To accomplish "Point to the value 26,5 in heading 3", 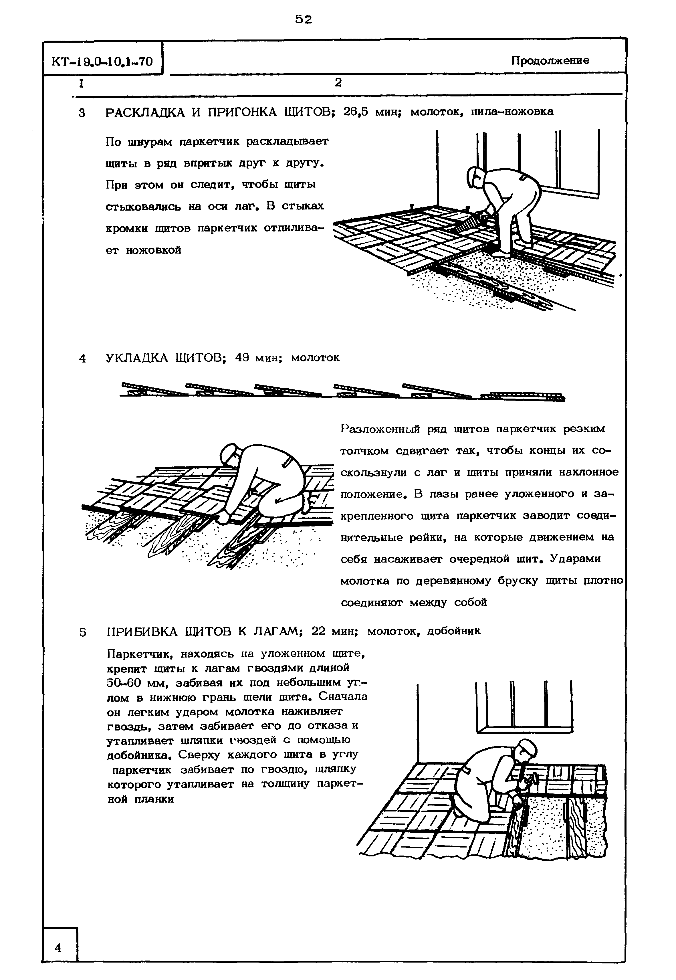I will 355,111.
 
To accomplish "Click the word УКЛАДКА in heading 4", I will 137,358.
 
